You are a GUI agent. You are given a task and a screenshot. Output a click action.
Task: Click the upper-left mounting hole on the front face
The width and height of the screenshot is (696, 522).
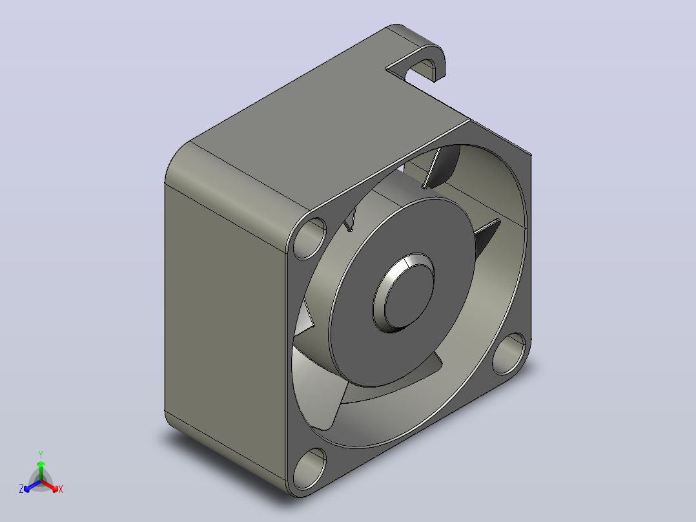click(x=310, y=238)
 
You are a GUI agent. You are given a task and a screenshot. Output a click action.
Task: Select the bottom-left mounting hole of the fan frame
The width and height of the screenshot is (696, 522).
click(x=309, y=468)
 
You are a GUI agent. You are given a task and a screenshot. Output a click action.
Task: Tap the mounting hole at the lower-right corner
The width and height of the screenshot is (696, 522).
click(x=509, y=353)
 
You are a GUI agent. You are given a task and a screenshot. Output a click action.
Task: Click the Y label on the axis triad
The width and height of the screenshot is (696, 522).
click(x=41, y=455)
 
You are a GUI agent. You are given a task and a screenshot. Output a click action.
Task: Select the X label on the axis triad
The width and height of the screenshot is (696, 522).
click(x=61, y=489)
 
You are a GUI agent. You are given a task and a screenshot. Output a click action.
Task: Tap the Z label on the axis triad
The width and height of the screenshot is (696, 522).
click(x=21, y=489)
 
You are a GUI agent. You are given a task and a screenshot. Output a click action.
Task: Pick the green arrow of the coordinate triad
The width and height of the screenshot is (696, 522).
click(x=41, y=471)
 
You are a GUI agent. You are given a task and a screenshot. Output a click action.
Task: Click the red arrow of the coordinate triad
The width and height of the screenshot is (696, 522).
click(x=50, y=486)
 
